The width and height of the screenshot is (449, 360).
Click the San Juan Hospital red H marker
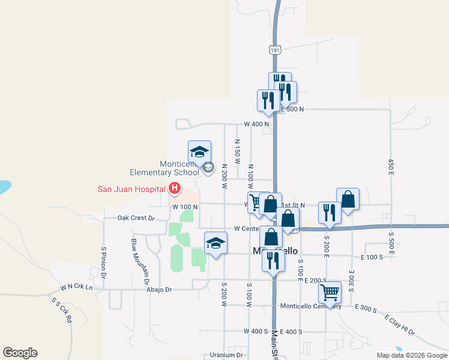click(174, 189)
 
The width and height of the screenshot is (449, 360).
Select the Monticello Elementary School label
click(179, 168)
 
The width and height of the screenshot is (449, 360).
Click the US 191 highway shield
click(275, 51)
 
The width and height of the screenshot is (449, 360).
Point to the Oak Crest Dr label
click(136, 218)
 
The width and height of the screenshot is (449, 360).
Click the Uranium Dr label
click(226, 355)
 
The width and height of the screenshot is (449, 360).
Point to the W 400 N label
click(255, 124)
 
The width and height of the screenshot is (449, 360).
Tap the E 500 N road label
click(292, 109)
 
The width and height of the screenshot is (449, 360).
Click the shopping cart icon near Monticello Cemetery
click(330, 292)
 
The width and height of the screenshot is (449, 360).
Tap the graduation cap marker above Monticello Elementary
click(199, 151)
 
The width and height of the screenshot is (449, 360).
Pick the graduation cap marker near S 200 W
click(216, 243)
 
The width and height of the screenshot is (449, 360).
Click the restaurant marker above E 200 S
click(273, 259)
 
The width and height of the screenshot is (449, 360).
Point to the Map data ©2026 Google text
click(411, 355)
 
